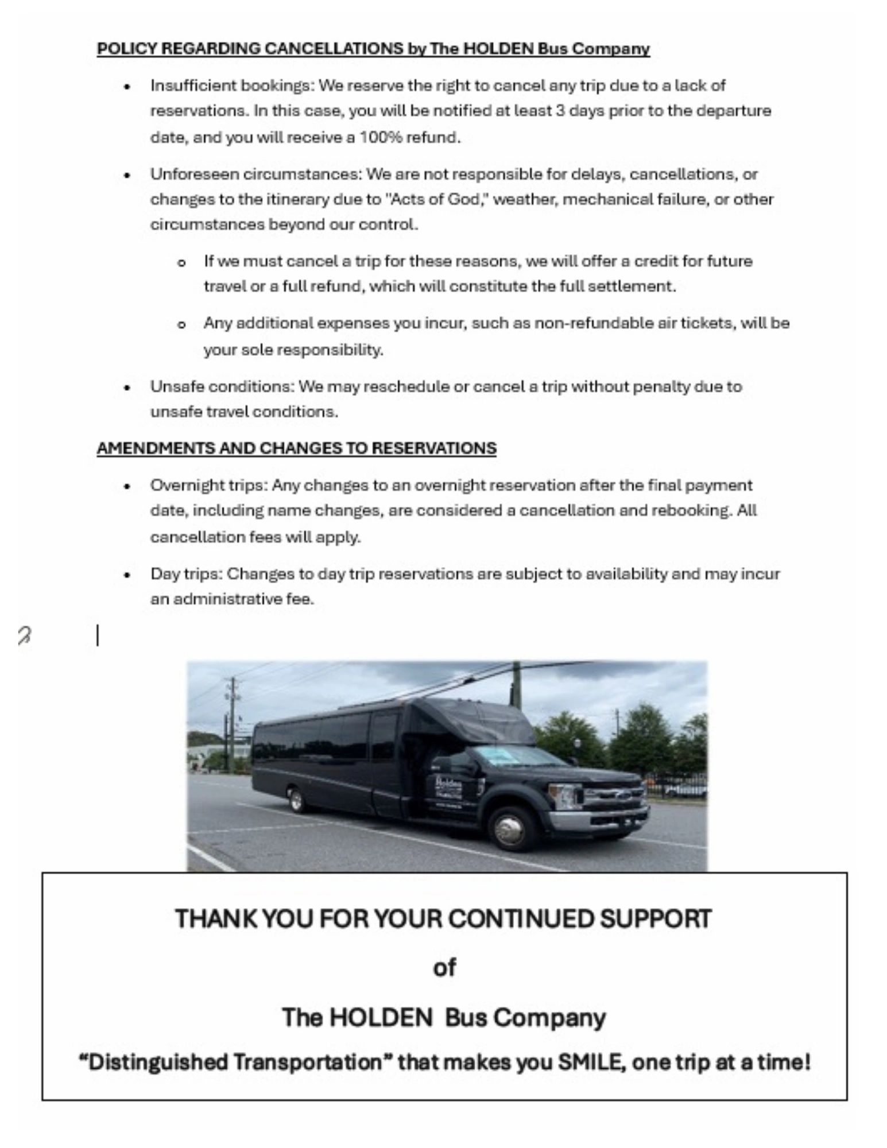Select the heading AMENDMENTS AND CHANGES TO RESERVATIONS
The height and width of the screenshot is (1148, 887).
[x=296, y=448]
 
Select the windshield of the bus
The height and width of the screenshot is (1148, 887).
[x=505, y=757]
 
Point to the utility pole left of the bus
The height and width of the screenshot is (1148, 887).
[x=232, y=723]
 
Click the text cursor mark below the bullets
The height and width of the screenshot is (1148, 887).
[x=97, y=636]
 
